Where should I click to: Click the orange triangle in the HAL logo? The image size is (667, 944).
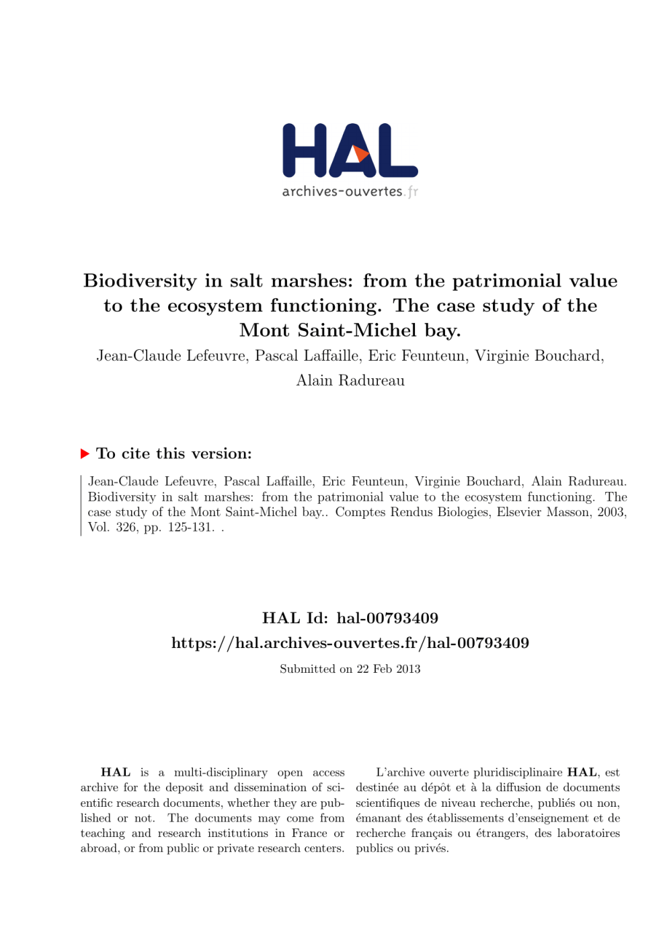pyautogui.click(x=362, y=154)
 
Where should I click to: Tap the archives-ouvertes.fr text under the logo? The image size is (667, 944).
pyautogui.click(x=350, y=192)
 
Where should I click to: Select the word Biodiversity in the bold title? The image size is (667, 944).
pyautogui.click(x=140, y=281)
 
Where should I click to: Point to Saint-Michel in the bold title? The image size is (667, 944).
pyautogui.click(x=357, y=330)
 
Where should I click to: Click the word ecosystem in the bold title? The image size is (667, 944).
pyautogui.click(x=214, y=305)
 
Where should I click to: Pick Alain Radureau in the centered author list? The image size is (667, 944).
pyautogui.click(x=350, y=380)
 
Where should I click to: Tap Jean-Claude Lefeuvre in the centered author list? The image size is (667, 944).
pyautogui.click(x=171, y=355)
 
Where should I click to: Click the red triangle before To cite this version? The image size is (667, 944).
pyautogui.click(x=85, y=453)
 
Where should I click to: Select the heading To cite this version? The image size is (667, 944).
pyautogui.click(x=174, y=453)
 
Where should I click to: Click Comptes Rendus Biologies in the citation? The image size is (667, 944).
pyautogui.click(x=411, y=512)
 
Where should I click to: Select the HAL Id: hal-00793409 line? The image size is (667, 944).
pyautogui.click(x=350, y=618)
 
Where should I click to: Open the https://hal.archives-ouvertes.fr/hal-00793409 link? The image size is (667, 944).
pyautogui.click(x=350, y=643)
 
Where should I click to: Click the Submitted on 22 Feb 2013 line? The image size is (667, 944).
pyautogui.click(x=350, y=669)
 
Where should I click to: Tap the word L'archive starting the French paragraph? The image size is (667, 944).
pyautogui.click(x=400, y=772)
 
